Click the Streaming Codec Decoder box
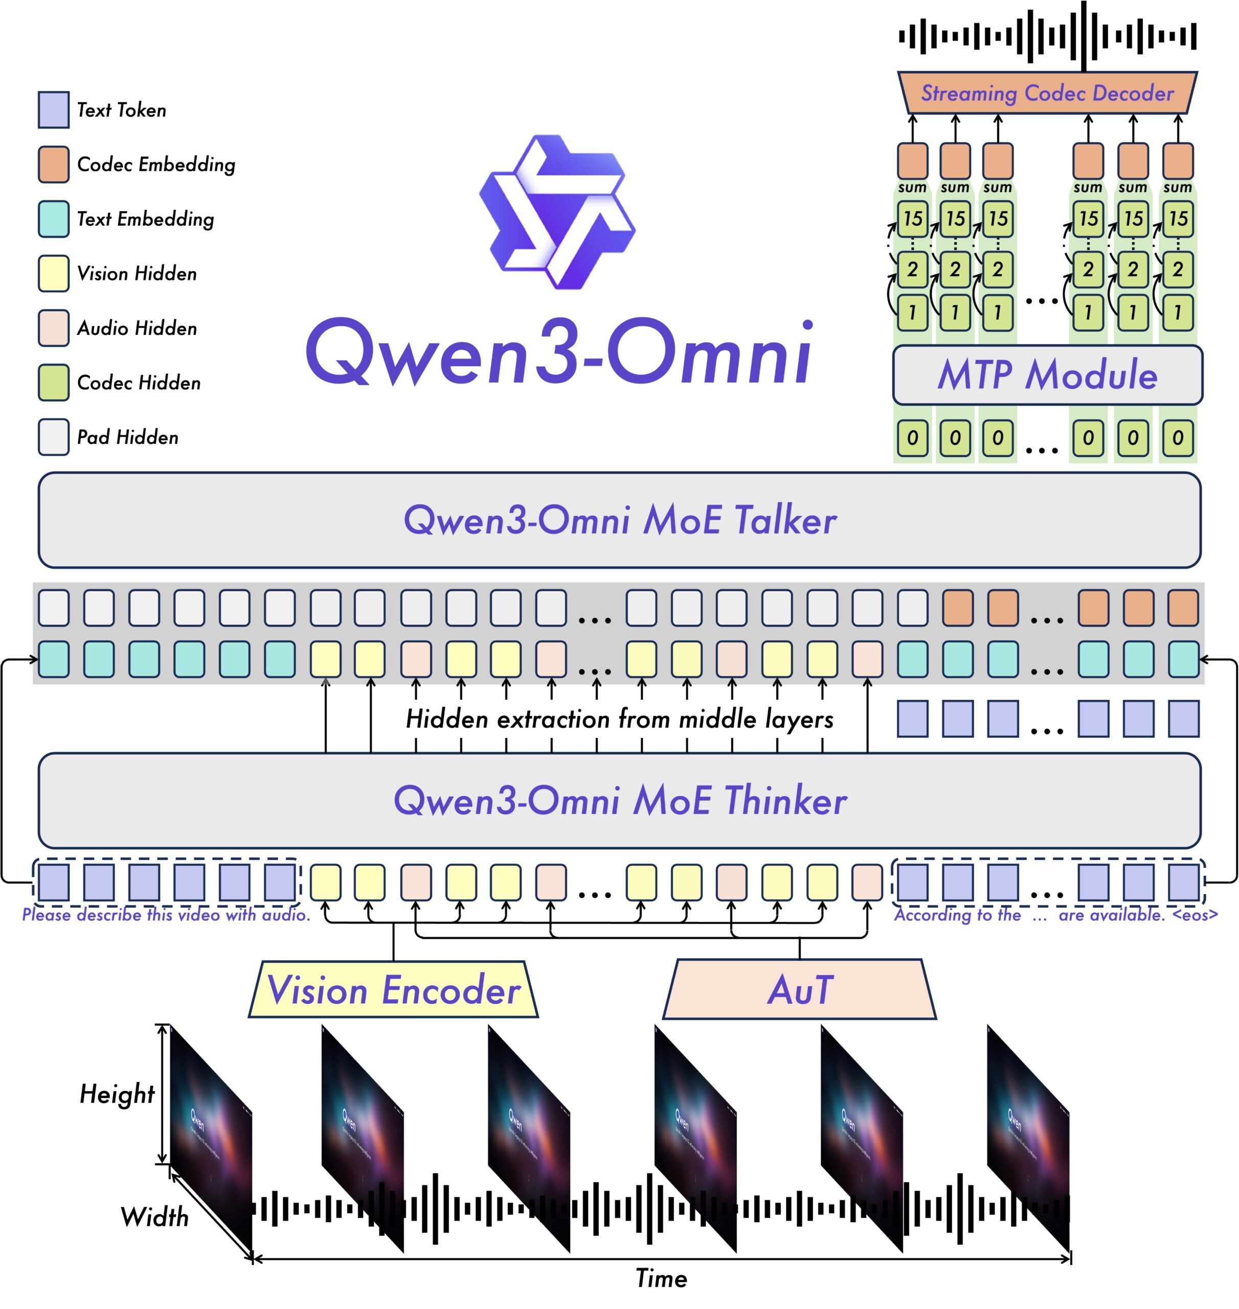pyautogui.click(x=1047, y=93)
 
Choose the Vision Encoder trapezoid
pyautogui.click(x=394, y=990)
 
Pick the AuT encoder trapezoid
pyautogui.click(x=799, y=990)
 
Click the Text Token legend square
pyautogui.click(x=54, y=109)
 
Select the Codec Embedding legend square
pyautogui.click(x=54, y=165)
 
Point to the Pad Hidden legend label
pyautogui.click(x=127, y=437)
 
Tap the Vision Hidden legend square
pyautogui.click(x=54, y=274)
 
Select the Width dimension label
pyautogui.click(x=154, y=1216)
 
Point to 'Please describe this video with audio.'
pyautogui.click(x=166, y=915)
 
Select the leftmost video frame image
pyautogui.click(x=211, y=1136)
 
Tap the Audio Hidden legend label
pyautogui.click(x=137, y=328)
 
